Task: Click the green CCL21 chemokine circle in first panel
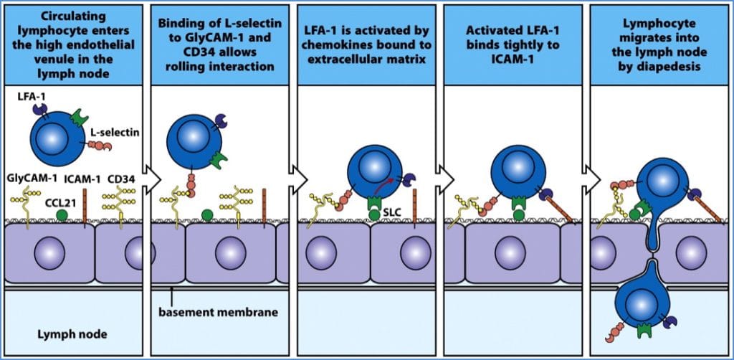pyautogui.click(x=62, y=214)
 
